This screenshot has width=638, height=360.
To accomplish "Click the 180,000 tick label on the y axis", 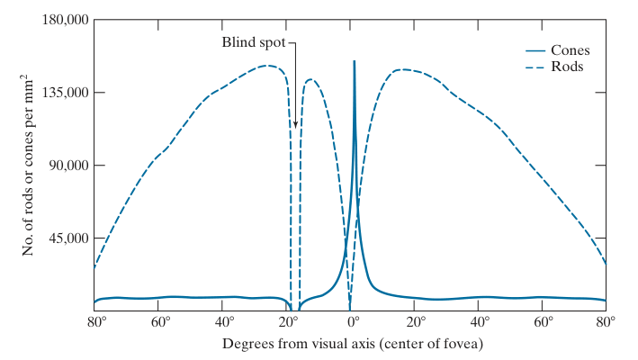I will [63, 20].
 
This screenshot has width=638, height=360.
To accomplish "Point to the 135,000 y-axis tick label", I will [63, 93].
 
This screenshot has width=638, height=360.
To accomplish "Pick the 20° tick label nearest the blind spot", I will [289, 321].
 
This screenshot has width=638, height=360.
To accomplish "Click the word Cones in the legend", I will [571, 50].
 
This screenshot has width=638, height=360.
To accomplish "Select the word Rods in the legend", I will [567, 67].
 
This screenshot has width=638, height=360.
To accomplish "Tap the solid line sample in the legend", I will [535, 50].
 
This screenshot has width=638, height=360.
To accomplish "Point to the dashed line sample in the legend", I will [535, 67].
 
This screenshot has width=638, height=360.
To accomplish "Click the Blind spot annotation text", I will [255, 42].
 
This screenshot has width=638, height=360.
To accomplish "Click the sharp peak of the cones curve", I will [354, 61].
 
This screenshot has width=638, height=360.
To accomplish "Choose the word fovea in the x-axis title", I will [463, 344].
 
